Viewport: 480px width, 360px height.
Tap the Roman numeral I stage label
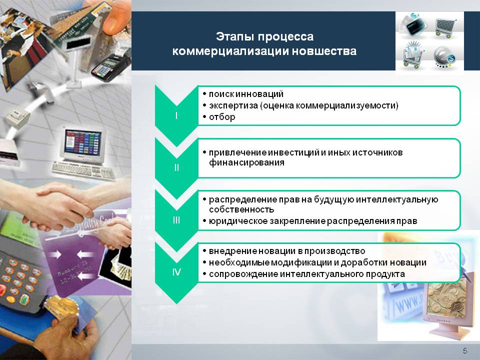point(176,116)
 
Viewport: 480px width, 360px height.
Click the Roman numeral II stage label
point(176,168)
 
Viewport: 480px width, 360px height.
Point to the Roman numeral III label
point(176,220)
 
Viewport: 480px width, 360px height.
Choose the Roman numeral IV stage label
point(176,272)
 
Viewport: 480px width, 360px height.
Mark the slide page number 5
point(465,350)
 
